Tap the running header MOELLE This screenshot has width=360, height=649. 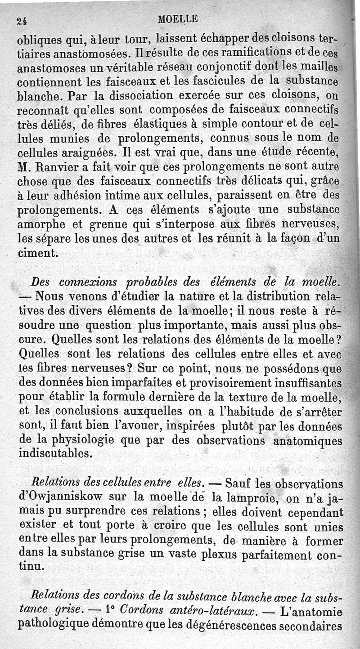[178, 19]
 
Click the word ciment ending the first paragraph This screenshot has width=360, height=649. [38, 253]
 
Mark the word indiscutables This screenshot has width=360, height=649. [53, 454]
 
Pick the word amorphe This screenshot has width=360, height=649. [39, 224]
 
